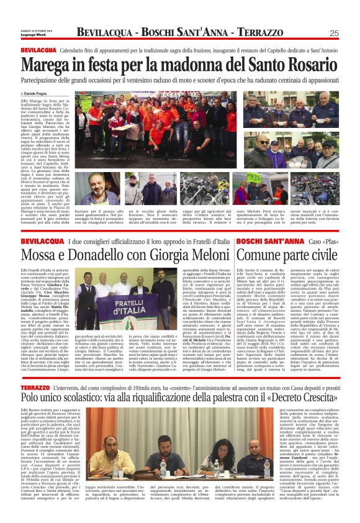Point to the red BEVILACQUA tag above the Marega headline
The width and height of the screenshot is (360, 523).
[x=38, y=49]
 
